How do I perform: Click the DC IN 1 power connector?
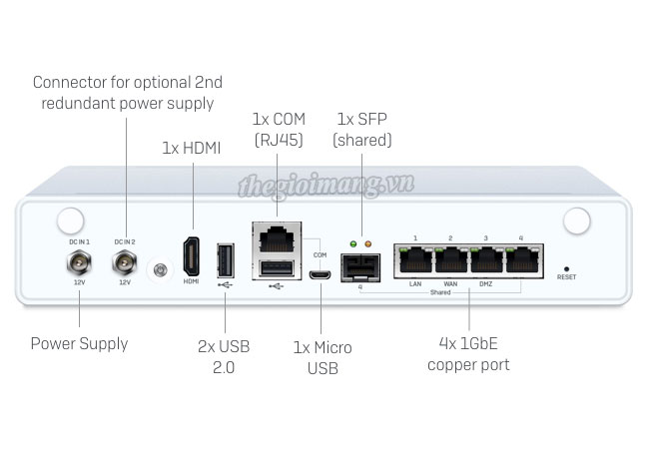click(x=79, y=262)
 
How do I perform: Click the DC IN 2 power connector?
click(x=124, y=262)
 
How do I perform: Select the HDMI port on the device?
click(x=192, y=256)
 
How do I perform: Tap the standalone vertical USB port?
click(x=226, y=260)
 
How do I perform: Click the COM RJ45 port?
click(x=277, y=239)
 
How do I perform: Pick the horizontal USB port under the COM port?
click(x=277, y=268)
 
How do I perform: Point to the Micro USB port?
click(x=320, y=274)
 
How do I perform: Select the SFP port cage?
click(x=360, y=268)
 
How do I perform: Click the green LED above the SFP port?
click(x=353, y=243)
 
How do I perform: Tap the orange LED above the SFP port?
click(x=367, y=243)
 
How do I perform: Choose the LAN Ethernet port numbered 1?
click(x=415, y=260)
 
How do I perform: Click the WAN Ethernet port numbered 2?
click(x=451, y=260)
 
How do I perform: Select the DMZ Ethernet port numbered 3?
click(x=487, y=260)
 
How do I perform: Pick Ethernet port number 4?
click(x=522, y=260)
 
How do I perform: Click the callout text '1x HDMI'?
click(x=192, y=148)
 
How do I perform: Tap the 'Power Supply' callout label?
click(x=80, y=344)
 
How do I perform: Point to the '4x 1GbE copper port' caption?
click(x=468, y=354)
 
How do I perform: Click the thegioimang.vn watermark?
click(x=326, y=185)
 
